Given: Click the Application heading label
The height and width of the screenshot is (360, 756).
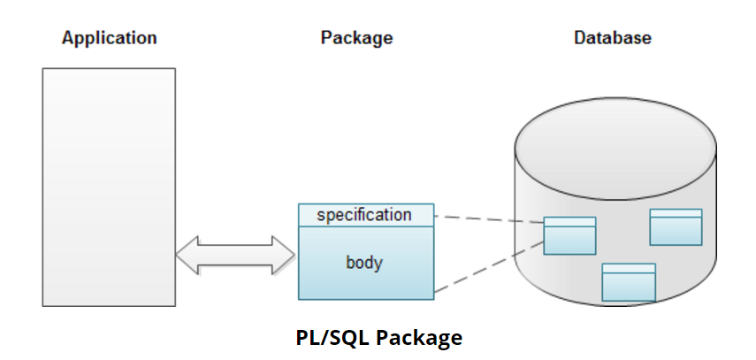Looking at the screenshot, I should (109, 38).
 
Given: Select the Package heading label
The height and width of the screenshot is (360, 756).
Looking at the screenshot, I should (356, 38).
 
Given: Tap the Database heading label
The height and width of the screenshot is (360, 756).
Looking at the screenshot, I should (613, 38).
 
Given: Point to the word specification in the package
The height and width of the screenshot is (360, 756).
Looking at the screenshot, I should (364, 215).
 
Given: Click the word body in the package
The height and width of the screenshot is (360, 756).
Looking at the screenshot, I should (364, 263).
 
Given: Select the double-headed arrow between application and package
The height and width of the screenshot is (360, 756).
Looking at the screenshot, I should (235, 253).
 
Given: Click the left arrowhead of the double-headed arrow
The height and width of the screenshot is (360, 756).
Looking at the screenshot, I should (187, 253).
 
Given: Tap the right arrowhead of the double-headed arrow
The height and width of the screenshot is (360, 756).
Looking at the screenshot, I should (284, 253).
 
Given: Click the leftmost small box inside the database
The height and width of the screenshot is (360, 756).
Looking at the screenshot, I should (569, 235).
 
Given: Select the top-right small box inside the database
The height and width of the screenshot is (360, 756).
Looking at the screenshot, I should (676, 226).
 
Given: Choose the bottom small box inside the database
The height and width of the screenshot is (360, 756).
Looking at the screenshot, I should (629, 282).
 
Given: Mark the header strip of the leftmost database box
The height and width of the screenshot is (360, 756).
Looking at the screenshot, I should (569, 222).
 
